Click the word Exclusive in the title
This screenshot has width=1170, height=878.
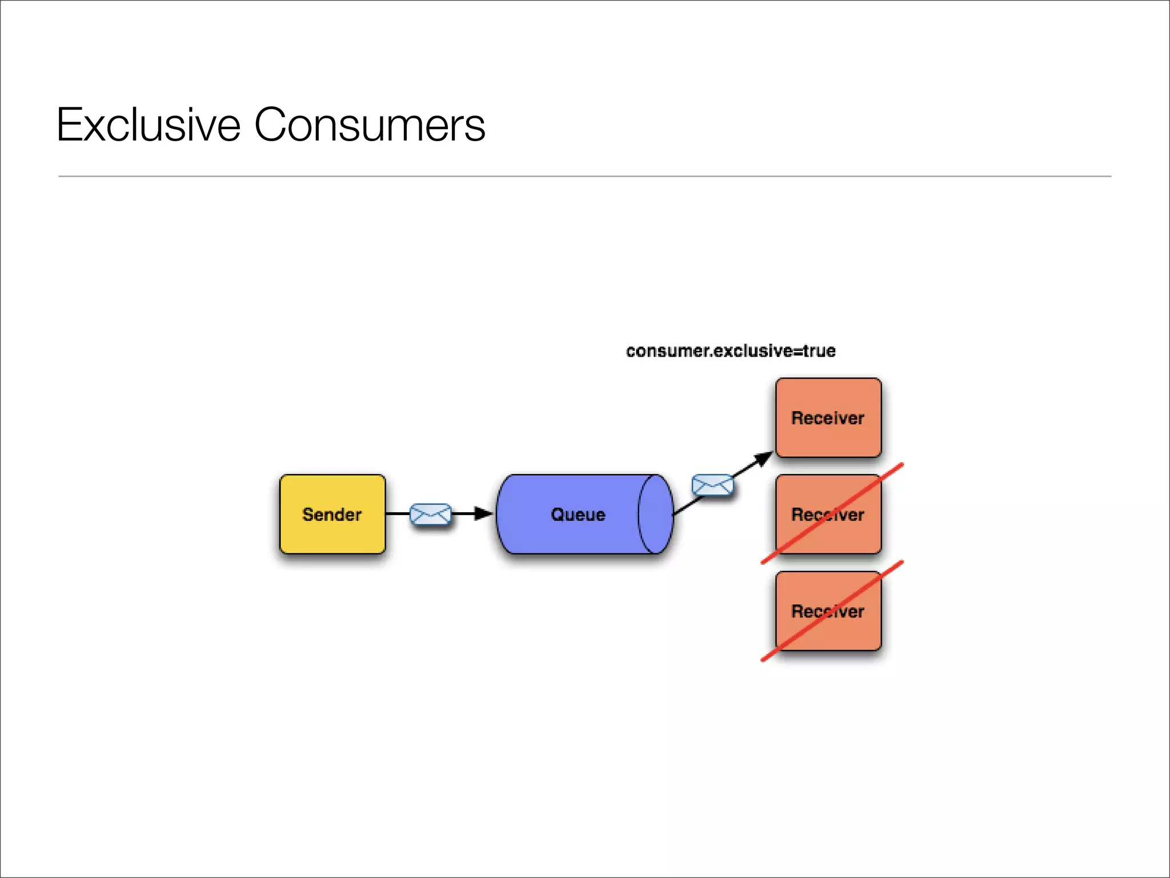pyautogui.click(x=149, y=125)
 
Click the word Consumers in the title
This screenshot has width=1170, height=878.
pyautogui.click(x=369, y=125)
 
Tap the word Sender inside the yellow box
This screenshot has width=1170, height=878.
pyautogui.click(x=332, y=514)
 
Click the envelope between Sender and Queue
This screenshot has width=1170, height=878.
pyautogui.click(x=431, y=514)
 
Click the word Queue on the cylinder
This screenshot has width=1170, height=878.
pyautogui.click(x=578, y=514)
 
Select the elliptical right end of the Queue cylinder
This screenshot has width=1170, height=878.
pyautogui.click(x=655, y=514)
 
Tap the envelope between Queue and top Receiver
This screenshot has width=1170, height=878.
pyautogui.click(x=712, y=485)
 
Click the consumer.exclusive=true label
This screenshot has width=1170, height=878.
pyautogui.click(x=730, y=350)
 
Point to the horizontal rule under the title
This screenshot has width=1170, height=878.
pyautogui.click(x=584, y=176)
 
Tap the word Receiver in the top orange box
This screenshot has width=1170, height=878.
pyautogui.click(x=828, y=418)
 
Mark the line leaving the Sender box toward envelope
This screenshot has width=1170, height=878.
pyautogui.click(x=398, y=514)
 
